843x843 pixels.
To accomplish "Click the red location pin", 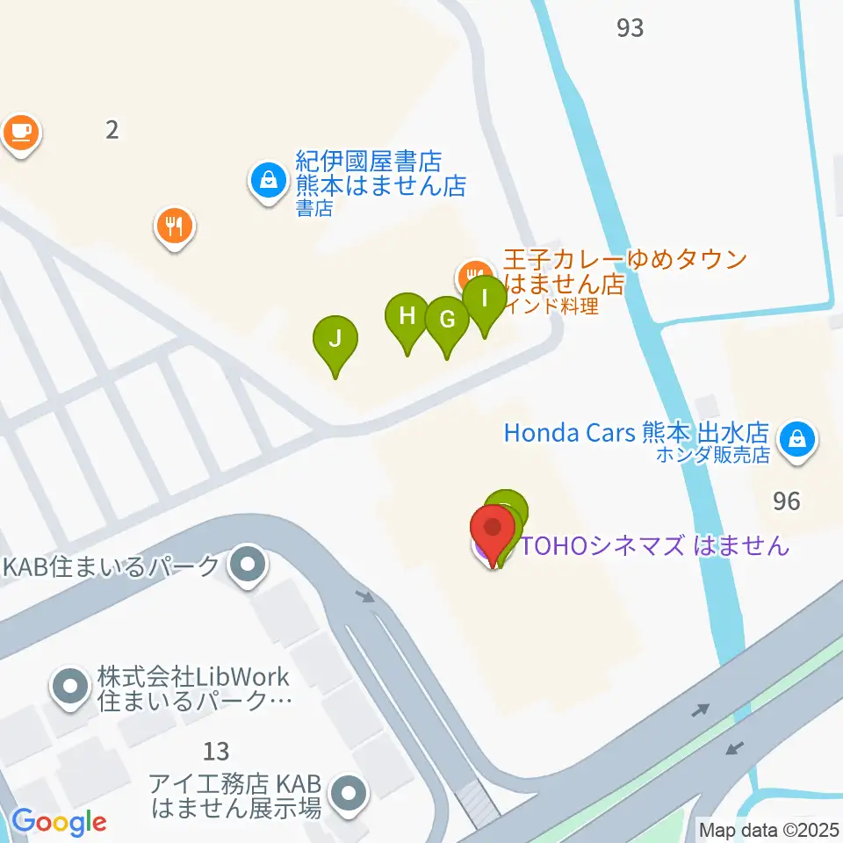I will point(493,529).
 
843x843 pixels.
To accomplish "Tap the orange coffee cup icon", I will point(19,133).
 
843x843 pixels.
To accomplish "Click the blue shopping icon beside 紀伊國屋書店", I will point(268,181).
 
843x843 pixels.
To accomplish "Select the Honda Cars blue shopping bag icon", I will point(798,436).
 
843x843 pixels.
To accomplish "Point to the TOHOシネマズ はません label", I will point(655,545).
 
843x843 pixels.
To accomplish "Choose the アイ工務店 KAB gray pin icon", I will point(350,793).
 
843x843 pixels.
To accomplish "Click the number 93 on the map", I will point(630,28).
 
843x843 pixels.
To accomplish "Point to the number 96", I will point(787,501).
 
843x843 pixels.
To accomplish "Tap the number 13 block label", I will point(216,751).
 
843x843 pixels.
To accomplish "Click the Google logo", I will point(59,822).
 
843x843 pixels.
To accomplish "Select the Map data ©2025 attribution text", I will point(768,828).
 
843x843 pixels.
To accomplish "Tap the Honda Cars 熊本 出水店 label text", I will point(637,433).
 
